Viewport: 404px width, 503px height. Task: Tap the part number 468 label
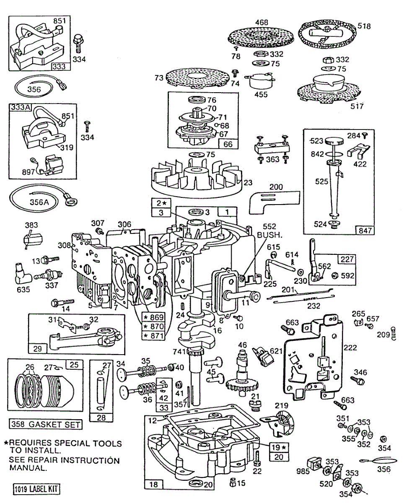point(262,23)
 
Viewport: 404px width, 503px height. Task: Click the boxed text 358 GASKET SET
point(46,424)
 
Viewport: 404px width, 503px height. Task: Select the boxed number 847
point(365,230)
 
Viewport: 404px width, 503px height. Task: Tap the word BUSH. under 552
point(269,235)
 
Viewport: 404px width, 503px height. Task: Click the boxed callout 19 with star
point(279,447)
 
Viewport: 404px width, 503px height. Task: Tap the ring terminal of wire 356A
point(70,202)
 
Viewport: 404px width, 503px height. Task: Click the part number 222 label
point(350,347)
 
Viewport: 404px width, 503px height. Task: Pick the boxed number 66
point(228,144)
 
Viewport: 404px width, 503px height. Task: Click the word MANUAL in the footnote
point(28,468)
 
